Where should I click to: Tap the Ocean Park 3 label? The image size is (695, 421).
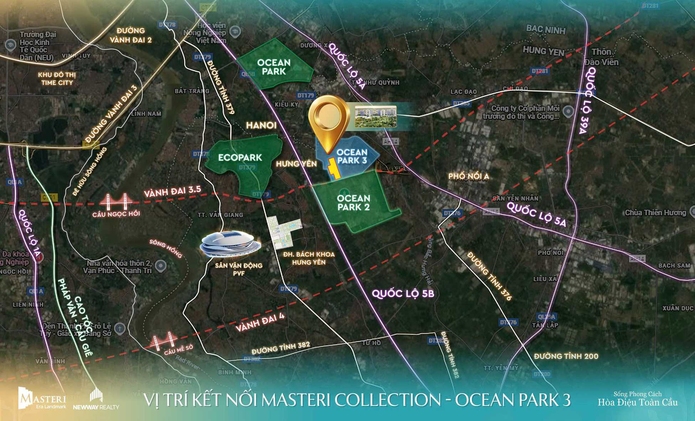click(352, 156)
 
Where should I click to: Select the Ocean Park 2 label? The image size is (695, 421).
click(354, 203)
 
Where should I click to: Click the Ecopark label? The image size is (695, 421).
click(240, 158)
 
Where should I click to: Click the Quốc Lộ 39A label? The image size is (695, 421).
click(586, 100)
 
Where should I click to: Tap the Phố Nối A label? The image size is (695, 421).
click(468, 176)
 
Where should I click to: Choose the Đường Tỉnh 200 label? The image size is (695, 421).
click(566, 356)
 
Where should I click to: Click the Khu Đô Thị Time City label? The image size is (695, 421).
click(57, 79)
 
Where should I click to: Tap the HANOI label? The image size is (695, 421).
click(261, 125)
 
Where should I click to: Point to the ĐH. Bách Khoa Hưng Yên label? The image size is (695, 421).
click(309, 258)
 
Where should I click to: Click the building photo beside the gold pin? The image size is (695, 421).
click(375, 116)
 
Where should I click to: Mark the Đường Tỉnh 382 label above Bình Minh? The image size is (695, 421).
click(280, 348)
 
